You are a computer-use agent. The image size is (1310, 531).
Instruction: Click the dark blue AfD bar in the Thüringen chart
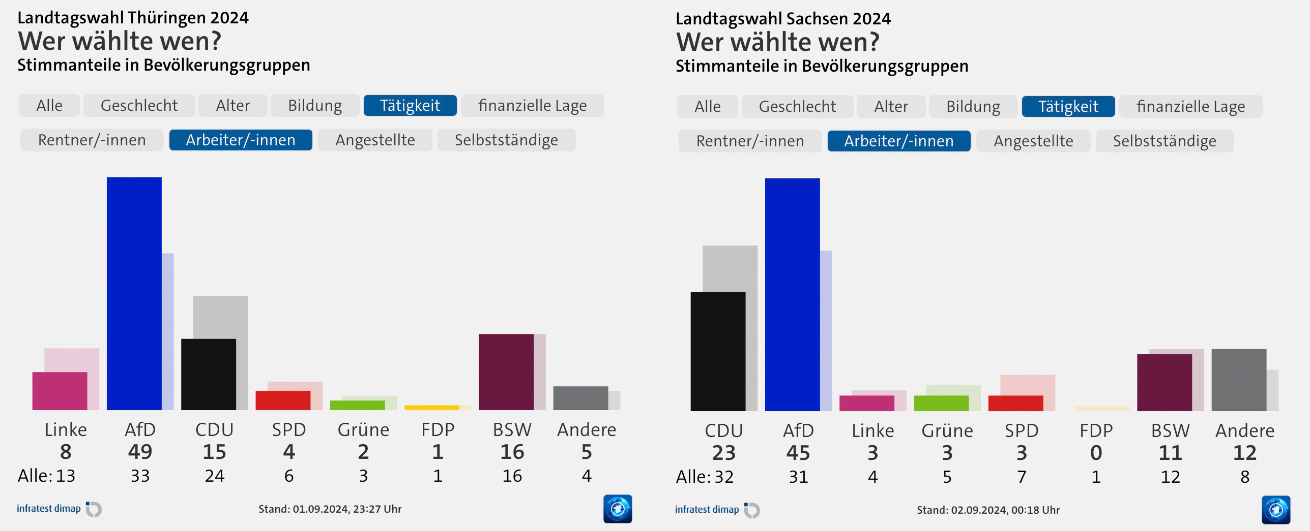pos(134,293)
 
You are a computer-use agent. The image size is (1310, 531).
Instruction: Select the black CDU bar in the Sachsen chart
pos(717,351)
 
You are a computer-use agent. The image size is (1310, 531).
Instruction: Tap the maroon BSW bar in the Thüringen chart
pos(506,371)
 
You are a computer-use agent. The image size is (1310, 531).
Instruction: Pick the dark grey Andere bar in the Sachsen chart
pos(1238,380)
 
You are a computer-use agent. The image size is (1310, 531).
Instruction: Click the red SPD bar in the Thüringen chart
pos(283,400)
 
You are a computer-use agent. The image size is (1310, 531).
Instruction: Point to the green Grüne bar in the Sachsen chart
pos(941,403)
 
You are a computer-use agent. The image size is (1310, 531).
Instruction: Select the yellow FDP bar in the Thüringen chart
pos(431,408)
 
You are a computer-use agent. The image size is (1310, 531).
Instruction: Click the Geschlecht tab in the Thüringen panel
pos(139,105)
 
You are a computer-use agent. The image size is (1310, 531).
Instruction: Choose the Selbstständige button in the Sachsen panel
pos(1164,141)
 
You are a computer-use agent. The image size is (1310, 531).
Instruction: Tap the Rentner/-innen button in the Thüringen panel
pos(92,140)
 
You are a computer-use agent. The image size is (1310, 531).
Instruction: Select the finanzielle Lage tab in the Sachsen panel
pos(1190,106)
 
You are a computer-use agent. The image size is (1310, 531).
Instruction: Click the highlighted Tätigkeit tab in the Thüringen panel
pos(410,105)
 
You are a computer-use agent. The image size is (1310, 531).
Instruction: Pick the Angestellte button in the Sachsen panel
pos(1033,141)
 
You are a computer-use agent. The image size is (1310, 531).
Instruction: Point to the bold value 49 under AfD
pos(140,452)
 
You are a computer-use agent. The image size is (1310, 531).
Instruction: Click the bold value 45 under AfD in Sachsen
pos(798,453)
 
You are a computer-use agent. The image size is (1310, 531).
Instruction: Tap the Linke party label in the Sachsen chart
pos(872,431)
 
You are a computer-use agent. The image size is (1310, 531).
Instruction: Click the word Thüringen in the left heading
pos(166,18)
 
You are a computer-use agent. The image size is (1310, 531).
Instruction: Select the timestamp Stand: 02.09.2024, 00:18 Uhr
pos(988,510)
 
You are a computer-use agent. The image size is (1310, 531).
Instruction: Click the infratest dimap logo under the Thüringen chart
pos(59,509)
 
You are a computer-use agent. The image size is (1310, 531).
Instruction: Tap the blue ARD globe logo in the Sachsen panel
pos(1275,510)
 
